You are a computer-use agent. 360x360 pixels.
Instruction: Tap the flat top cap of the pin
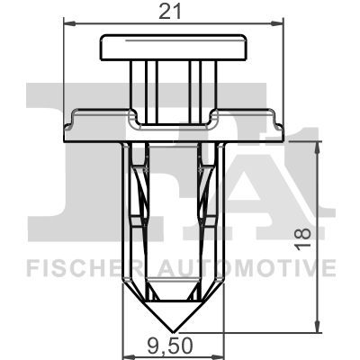click(x=174, y=47)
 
